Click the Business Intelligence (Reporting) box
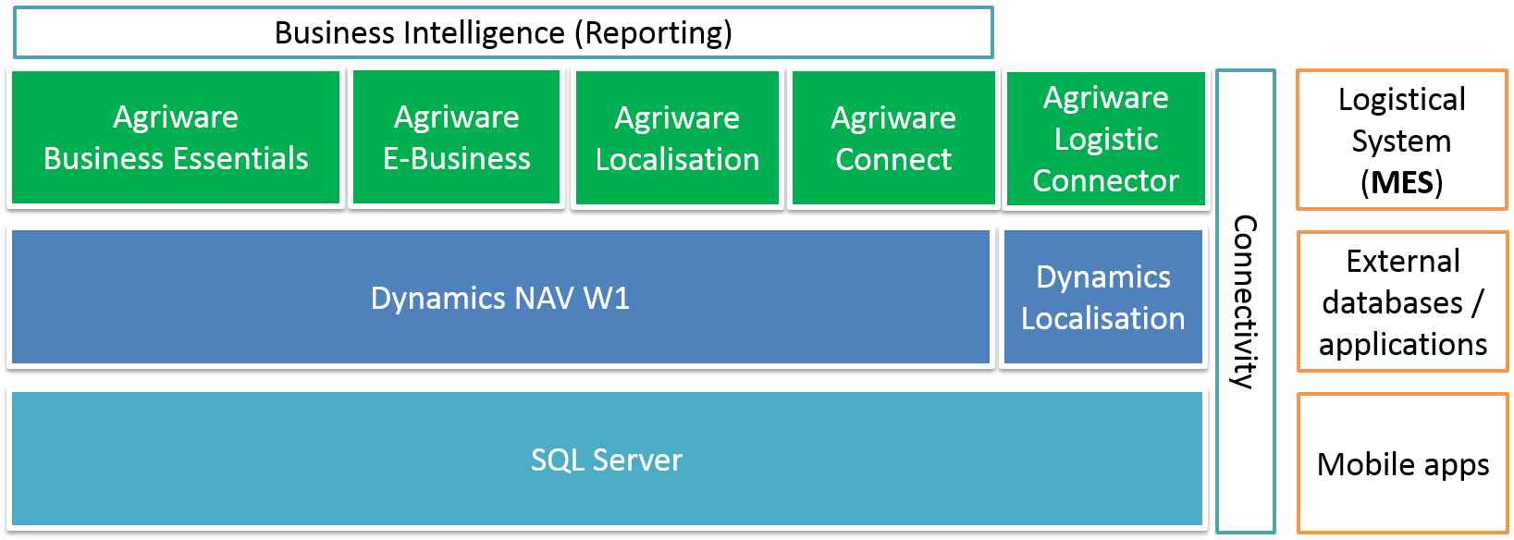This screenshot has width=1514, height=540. tap(503, 32)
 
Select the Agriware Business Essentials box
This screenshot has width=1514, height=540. tap(176, 137)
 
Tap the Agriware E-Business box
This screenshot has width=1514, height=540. tap(457, 137)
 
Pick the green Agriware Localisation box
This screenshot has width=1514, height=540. tap(677, 138)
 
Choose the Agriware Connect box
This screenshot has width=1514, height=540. tap(893, 138)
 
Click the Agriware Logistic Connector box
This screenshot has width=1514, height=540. tap(1105, 139)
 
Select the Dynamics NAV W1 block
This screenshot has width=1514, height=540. tap(499, 298)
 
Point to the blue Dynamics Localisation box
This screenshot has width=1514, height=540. tap(1102, 298)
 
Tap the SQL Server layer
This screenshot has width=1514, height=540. tap(607, 460)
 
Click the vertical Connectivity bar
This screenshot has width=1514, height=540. tap(1246, 301)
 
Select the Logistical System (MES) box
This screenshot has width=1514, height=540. tap(1402, 140)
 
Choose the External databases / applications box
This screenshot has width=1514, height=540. tap(1402, 302)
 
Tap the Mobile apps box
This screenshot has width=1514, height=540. tap(1402, 463)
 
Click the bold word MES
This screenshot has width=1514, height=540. tap(1402, 182)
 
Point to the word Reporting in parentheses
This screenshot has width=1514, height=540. tap(653, 33)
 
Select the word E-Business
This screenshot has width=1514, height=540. tap(457, 159)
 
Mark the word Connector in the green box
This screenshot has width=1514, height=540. tap(1105, 180)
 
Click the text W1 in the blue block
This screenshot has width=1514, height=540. tap(607, 298)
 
